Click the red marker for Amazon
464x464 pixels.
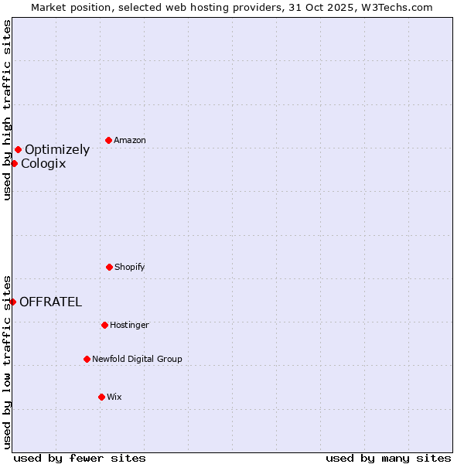pos(109,140)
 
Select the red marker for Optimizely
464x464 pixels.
pos(18,149)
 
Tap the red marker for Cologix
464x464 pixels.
pos(14,163)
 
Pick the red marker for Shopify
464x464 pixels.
pos(109,267)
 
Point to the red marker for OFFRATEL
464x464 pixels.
pos(13,302)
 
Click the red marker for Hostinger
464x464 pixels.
pos(104,325)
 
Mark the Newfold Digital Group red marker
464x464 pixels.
pos(87,359)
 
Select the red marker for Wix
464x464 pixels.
pos(101,397)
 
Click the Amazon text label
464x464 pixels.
pos(130,140)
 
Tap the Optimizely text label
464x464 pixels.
pos(57,150)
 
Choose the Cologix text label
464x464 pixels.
pos(43,164)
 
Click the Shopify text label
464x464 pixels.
pos(130,267)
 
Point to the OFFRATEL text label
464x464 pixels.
pos(50,302)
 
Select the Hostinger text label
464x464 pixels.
pos(129,325)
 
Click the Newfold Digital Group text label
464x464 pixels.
pos(137,359)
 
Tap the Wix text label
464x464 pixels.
pos(114,397)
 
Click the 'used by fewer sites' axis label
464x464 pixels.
pos(80,458)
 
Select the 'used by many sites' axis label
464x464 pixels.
pos(388,458)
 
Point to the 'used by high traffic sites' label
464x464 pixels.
pos(7,110)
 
